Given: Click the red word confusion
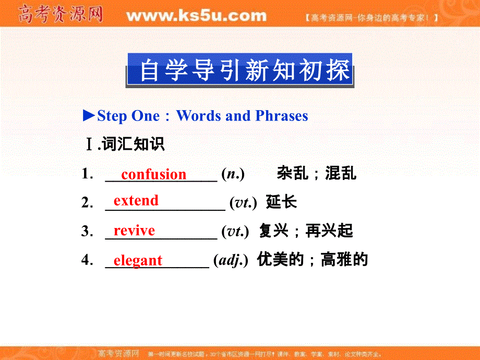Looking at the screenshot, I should pyautogui.click(x=153, y=174).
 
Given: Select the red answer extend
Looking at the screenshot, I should pyautogui.click(x=136, y=201).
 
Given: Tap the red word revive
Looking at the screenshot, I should pyautogui.click(x=134, y=231).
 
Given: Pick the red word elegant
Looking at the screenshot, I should pyautogui.click(x=138, y=260).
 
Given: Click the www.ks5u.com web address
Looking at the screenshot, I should pyautogui.click(x=196, y=16).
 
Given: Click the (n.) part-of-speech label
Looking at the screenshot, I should pyautogui.click(x=233, y=174).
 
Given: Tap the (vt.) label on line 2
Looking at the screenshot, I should pyautogui.click(x=243, y=203).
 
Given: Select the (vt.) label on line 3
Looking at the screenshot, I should pyautogui.click(x=235, y=231).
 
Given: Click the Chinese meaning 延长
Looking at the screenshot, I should pyautogui.click(x=281, y=202).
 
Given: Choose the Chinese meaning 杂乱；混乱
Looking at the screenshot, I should pyautogui.click(x=317, y=174).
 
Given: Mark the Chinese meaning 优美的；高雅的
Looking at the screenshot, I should pyautogui.click(x=313, y=260).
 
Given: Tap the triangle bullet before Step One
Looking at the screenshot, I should pyautogui.click(x=89, y=115).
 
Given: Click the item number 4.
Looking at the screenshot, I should pyautogui.click(x=87, y=260).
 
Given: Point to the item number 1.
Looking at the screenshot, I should pyautogui.click(x=87, y=174).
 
